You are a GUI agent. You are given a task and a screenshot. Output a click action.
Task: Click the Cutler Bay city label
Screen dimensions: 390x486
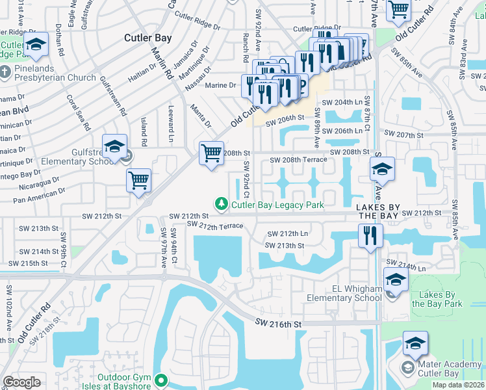click(148, 38)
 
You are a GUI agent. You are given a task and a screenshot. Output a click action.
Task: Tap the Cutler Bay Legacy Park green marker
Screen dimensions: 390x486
click(222, 205)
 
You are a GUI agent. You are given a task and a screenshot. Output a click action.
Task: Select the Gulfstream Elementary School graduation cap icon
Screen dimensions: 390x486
click(114, 147)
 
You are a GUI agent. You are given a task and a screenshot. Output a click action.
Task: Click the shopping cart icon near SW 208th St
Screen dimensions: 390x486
click(211, 154)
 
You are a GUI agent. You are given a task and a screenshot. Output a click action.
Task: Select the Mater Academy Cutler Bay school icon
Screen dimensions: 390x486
click(415, 343)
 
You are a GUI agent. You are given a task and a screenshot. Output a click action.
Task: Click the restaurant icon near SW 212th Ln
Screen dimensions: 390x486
click(370, 235)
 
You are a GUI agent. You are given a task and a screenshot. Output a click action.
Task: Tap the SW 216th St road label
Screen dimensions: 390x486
click(279, 323)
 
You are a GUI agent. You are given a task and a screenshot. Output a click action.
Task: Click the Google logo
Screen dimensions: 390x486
click(21, 382)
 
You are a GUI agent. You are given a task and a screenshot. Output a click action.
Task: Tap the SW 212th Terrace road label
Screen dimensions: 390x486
click(214, 226)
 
